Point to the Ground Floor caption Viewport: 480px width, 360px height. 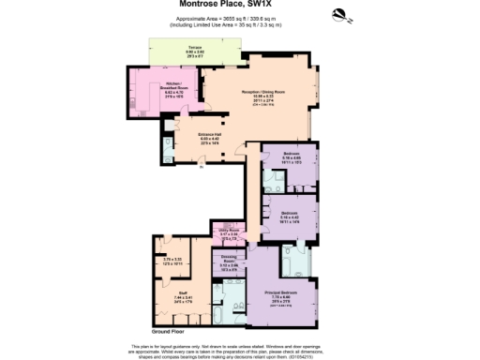click(172, 332)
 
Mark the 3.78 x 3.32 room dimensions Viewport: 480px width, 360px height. click(170, 260)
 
